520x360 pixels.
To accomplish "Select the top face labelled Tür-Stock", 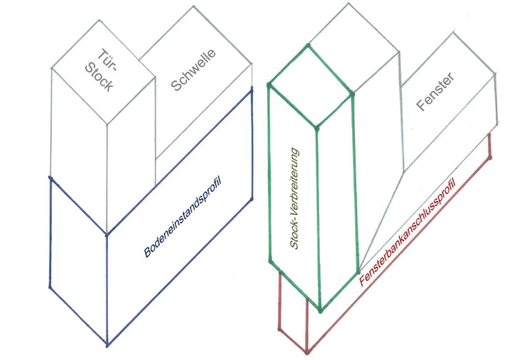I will pos(104,71).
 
